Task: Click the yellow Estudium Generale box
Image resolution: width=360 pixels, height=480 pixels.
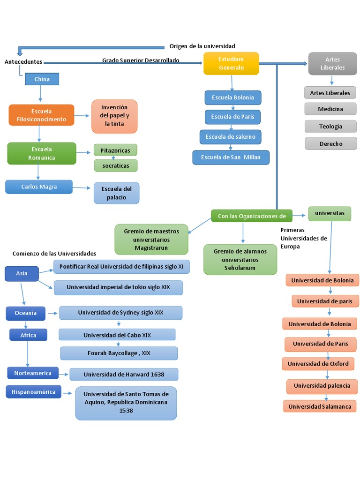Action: click(x=231, y=63)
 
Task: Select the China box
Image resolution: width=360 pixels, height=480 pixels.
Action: click(x=42, y=79)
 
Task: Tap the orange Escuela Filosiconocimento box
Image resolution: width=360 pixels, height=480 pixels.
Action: click(x=41, y=115)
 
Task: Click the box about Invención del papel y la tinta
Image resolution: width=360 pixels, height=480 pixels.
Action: click(x=114, y=116)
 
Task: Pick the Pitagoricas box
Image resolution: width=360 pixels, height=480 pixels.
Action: click(x=115, y=150)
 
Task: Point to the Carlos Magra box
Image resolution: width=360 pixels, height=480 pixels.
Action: click(x=39, y=187)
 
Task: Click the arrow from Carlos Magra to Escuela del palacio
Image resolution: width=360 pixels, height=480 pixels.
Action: click(x=83, y=188)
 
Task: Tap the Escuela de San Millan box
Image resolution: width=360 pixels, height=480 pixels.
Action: click(x=231, y=157)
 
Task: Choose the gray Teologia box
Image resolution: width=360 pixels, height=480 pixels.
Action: click(x=330, y=127)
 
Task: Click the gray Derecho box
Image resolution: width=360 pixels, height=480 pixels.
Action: click(x=330, y=144)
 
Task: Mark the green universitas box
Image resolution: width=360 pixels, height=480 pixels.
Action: click(x=330, y=213)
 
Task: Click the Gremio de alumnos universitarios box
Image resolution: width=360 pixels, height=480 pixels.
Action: click(x=240, y=259)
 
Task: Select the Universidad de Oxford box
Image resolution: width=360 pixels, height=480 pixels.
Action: click(x=318, y=364)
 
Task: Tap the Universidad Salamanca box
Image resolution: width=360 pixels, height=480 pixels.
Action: click(x=320, y=406)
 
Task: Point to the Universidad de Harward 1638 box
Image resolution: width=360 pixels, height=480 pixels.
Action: click(x=124, y=375)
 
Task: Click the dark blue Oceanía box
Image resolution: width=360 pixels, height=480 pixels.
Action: click(x=25, y=313)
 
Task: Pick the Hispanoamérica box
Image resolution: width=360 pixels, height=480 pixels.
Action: click(x=33, y=392)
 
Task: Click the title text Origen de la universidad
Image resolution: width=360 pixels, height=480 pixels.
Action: click(x=202, y=46)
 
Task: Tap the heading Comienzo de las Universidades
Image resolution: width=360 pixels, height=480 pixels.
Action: click(x=54, y=254)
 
